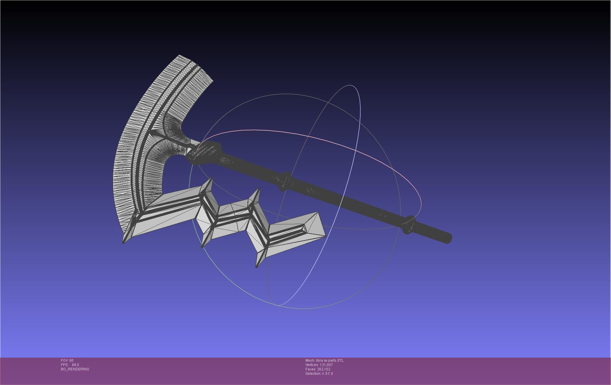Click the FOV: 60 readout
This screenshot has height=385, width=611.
67,360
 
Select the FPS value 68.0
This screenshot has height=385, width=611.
75,365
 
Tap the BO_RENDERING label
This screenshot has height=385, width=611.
75,369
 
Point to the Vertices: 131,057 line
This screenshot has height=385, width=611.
319,365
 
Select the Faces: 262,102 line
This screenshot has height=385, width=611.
318,369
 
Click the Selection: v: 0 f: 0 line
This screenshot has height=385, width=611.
319,374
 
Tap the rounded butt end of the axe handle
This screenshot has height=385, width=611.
448,238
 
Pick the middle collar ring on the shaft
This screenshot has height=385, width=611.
285,181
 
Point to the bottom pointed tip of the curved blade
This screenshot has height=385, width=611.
124,242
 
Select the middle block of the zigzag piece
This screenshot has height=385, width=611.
233,219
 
